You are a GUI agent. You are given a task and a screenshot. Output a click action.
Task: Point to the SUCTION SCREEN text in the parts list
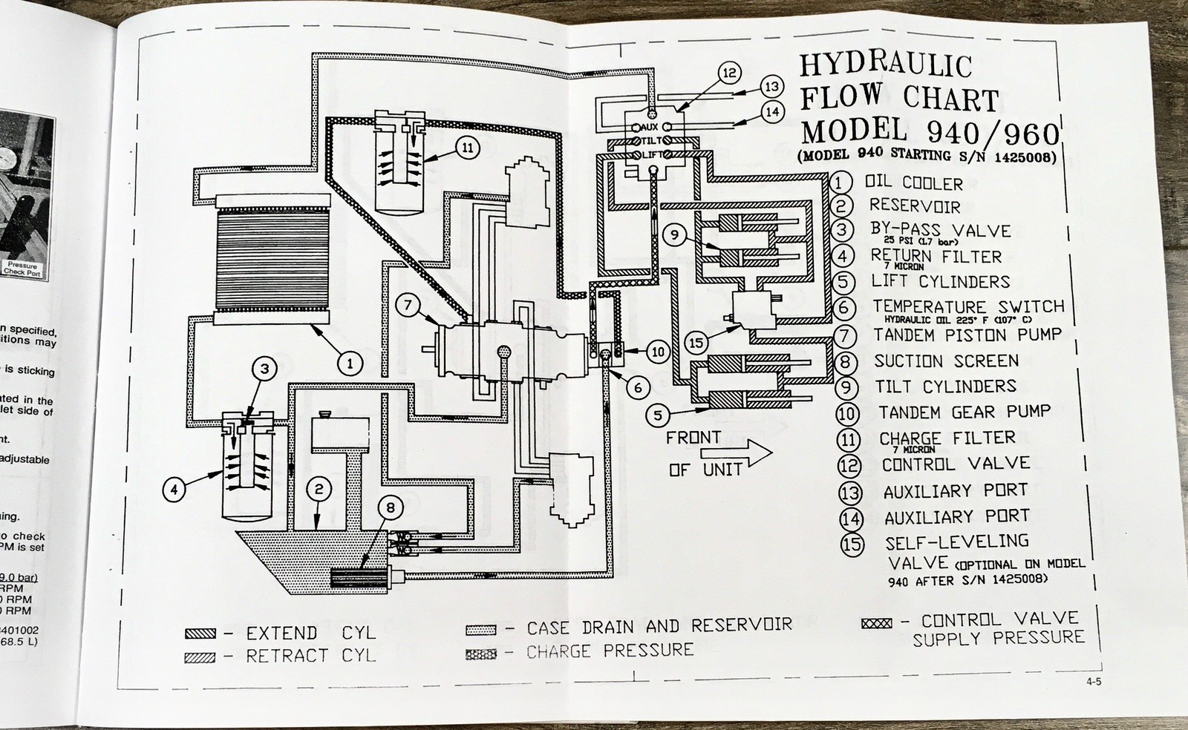[x=946, y=361]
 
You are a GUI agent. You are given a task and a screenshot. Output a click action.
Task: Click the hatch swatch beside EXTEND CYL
[x=200, y=634]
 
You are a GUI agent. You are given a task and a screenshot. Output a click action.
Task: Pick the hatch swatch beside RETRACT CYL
[x=200, y=657]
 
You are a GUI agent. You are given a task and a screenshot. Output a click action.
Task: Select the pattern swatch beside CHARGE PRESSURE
[x=480, y=654]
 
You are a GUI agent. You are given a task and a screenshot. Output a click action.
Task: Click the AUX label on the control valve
[x=650, y=128]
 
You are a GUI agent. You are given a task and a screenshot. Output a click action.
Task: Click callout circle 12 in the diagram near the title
[x=730, y=72]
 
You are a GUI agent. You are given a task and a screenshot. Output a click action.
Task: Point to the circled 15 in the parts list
[x=852, y=544]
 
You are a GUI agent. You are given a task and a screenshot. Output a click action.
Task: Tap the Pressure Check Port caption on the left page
[x=22, y=269]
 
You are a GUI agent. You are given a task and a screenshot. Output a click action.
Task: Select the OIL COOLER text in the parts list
[x=913, y=183]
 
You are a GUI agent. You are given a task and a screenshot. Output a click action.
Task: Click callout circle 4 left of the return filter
[x=173, y=489]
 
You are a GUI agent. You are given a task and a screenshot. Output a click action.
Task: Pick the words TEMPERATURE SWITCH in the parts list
[x=968, y=306]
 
